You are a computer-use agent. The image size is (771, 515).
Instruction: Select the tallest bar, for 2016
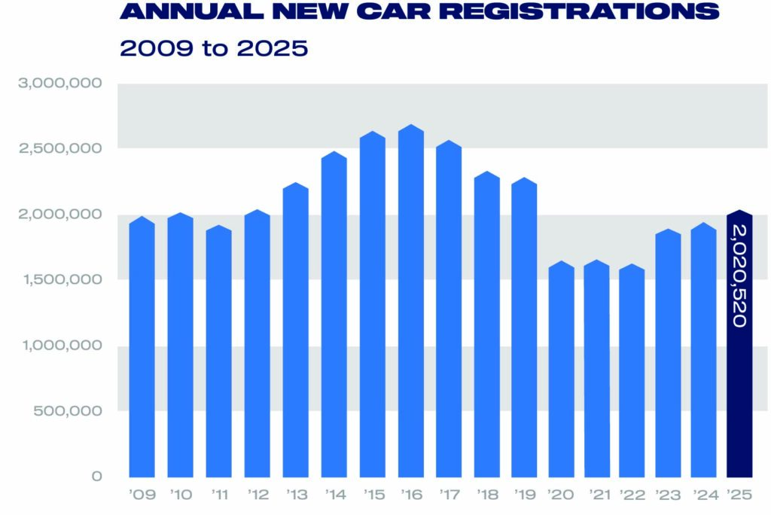[x=410, y=301]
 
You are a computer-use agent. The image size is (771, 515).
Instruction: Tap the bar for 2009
[x=142, y=346]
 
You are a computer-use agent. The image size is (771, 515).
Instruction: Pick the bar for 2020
[x=562, y=369]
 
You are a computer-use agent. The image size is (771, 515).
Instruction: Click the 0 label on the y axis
[x=97, y=477]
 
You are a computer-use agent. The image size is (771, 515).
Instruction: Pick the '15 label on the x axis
[x=372, y=496]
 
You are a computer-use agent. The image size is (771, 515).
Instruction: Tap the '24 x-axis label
[x=703, y=496]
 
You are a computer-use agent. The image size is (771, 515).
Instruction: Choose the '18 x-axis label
[x=486, y=496]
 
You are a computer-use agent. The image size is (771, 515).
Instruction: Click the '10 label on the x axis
[x=180, y=496]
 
